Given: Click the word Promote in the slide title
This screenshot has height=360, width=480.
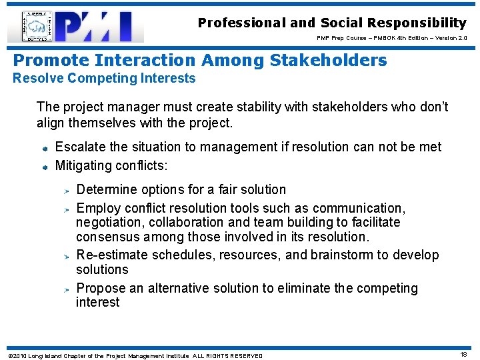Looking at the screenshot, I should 51,61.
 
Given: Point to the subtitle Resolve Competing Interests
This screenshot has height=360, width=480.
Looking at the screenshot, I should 105,79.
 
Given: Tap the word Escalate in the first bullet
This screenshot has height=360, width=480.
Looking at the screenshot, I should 80,147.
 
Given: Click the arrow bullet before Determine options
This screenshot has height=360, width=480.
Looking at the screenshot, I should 67,191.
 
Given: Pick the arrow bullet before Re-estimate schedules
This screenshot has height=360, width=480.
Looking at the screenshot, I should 67,256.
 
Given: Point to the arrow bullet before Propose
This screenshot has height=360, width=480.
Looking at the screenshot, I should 67,289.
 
